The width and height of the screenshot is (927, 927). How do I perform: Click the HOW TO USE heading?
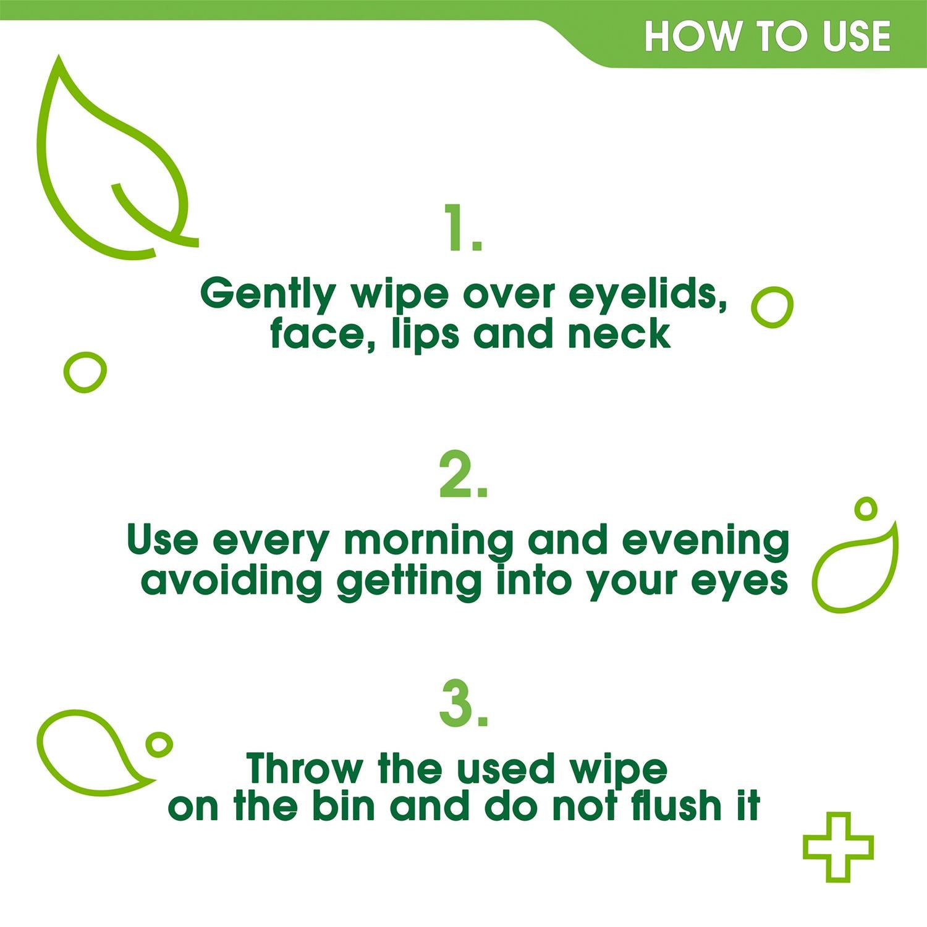pos(767,36)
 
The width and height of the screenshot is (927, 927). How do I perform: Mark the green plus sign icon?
pos(837,847)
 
